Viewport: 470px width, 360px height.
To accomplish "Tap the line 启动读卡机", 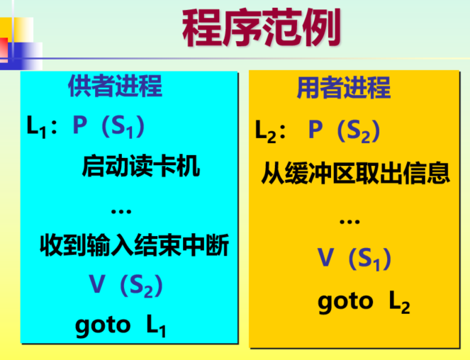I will tap(141, 167).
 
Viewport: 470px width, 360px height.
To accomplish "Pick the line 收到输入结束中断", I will tap(134, 246).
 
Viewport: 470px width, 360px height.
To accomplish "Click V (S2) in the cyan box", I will tap(126, 285).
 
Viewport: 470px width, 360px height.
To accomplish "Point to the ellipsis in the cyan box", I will tap(121, 209).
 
